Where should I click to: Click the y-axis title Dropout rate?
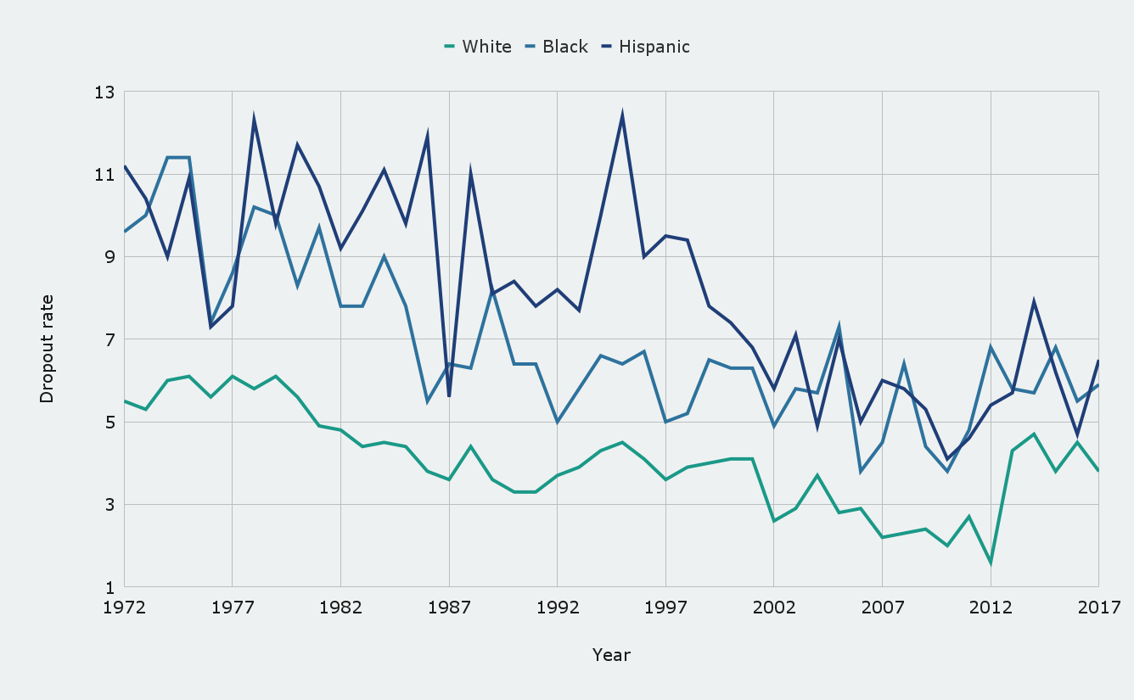click(47, 349)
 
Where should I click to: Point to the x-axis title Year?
click(611, 655)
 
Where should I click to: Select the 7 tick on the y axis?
click(109, 339)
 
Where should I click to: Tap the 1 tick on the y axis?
click(109, 587)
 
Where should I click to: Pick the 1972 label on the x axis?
click(125, 608)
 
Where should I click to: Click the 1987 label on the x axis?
click(449, 608)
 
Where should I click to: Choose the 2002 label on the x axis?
click(774, 608)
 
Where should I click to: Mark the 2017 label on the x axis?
click(1098, 608)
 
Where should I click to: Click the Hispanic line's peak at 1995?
click(622, 115)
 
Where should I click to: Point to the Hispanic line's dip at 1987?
click(449, 396)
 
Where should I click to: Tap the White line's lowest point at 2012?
click(991, 563)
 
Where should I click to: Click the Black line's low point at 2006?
click(861, 471)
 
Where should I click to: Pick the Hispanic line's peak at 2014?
click(1034, 302)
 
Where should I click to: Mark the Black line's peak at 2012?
click(991, 347)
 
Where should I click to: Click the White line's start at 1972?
click(125, 401)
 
